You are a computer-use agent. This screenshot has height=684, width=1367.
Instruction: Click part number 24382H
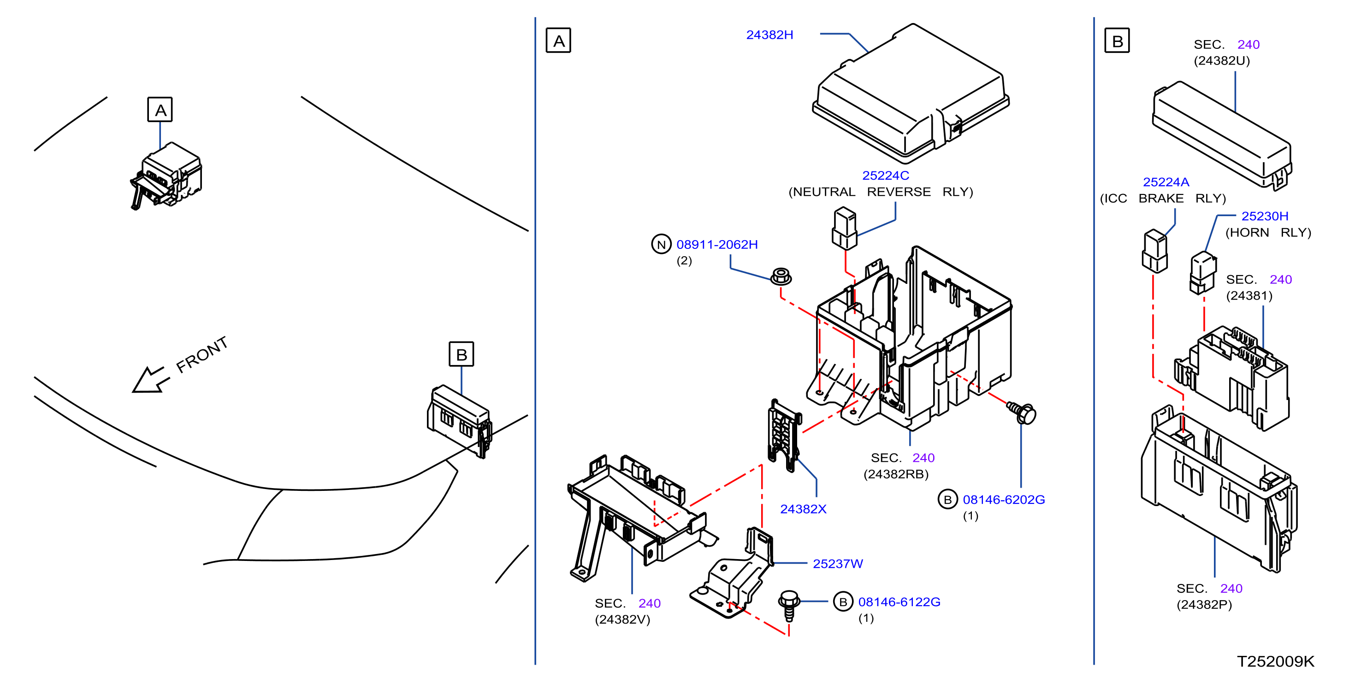coord(769,35)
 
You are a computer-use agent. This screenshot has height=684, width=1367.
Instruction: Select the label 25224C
coord(885,176)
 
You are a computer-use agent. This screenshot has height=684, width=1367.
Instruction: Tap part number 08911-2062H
coord(717,245)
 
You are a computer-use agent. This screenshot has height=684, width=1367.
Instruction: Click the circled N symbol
coord(661,245)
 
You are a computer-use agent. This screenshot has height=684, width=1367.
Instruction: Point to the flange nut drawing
coord(781,277)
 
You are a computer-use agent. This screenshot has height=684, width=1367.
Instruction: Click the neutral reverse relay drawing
coord(844,228)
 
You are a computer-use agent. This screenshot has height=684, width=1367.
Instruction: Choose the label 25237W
coord(838,564)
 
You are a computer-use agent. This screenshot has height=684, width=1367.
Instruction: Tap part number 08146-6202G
coord(1004,500)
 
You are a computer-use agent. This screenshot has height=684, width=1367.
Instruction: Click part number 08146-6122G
coord(899,602)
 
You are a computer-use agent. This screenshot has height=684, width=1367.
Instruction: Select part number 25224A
coord(1166,183)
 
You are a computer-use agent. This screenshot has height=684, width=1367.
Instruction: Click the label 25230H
coord(1265,217)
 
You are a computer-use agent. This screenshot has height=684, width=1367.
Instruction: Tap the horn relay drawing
coord(1202,273)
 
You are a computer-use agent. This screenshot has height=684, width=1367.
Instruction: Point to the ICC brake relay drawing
coord(1155,251)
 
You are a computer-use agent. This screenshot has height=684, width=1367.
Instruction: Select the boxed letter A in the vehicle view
coord(160,110)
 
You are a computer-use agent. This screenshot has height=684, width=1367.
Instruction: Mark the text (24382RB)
coord(896,474)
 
